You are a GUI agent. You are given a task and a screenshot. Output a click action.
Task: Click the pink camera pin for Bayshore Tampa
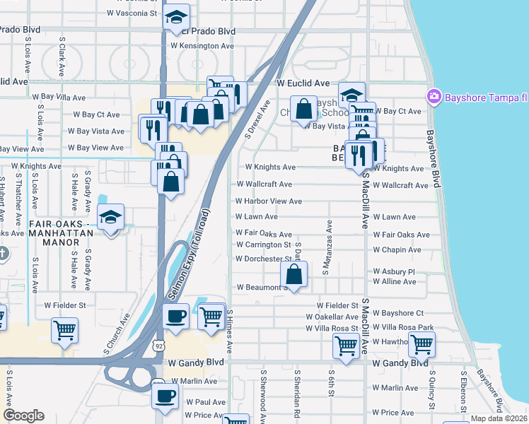click(434, 96)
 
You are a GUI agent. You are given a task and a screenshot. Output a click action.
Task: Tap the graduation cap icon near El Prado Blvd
click(176, 19)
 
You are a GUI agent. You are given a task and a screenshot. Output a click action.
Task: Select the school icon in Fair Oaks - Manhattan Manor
click(111, 219)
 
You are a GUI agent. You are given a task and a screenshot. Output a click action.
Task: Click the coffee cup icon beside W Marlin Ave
click(165, 396)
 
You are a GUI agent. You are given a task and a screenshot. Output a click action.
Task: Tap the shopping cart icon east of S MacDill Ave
click(422, 344)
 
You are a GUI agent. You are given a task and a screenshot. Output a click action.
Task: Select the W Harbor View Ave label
click(269, 201)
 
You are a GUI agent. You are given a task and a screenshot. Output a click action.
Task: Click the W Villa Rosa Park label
click(401, 328)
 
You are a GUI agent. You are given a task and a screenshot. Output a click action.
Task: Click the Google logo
click(23, 416)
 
